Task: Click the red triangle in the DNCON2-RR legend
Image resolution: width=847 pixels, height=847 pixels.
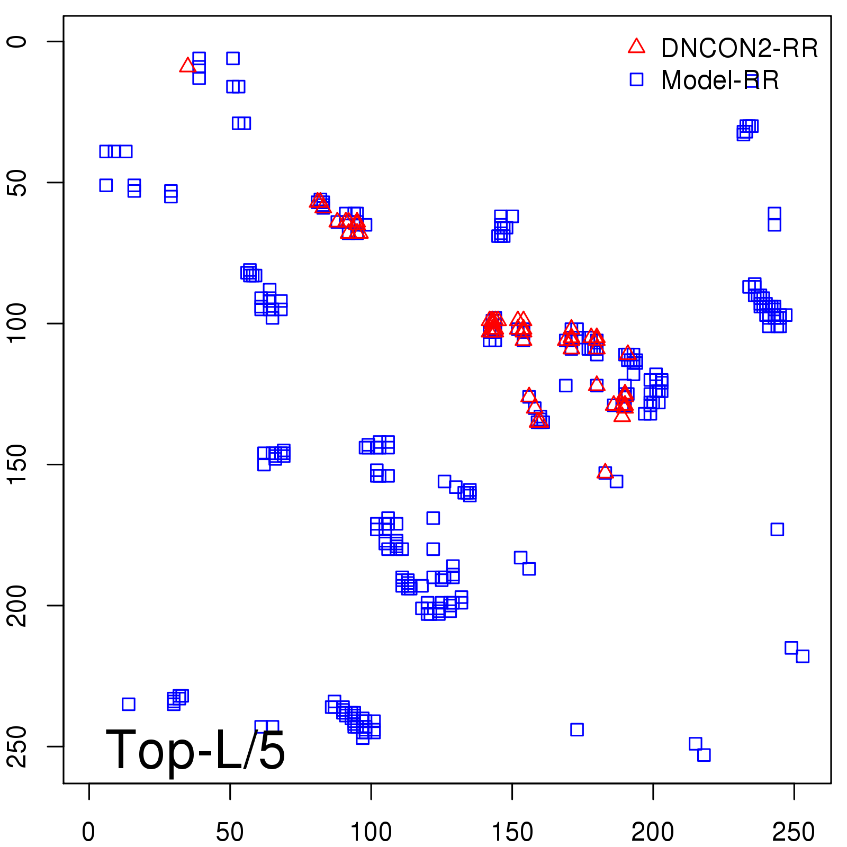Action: pos(636,47)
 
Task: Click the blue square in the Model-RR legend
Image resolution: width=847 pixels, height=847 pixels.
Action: pos(636,79)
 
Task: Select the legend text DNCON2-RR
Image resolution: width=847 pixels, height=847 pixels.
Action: pos(740,48)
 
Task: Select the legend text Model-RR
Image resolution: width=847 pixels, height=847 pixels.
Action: pos(720,80)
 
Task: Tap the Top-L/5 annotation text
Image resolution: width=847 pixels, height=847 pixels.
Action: pos(195,750)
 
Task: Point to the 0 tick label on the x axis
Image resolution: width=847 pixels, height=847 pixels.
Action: pos(89,832)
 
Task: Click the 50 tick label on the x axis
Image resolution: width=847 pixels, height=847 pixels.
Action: pos(230,832)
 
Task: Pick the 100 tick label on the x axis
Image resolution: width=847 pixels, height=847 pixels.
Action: pos(371,832)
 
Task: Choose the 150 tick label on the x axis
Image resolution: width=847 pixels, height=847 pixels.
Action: pos(512,832)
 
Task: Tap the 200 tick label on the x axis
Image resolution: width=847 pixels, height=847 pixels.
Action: pos(653,832)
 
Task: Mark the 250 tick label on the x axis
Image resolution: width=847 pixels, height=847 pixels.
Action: pos(794,832)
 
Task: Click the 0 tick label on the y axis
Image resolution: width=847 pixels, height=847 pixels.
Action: pos(18,41)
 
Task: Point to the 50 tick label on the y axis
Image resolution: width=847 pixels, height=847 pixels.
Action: pos(18,183)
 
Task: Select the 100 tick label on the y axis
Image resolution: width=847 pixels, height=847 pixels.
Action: pos(18,323)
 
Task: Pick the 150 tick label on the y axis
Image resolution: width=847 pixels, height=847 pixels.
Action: pos(18,464)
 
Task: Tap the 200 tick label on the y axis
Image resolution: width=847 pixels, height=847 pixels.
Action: pos(18,605)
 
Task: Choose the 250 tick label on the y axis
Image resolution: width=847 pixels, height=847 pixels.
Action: pos(18,746)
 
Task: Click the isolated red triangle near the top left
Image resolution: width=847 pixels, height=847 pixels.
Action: pos(187,66)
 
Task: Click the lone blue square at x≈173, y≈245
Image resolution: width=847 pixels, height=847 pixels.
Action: pos(577,729)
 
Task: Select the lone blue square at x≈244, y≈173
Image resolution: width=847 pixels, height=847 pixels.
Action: pos(777,529)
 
